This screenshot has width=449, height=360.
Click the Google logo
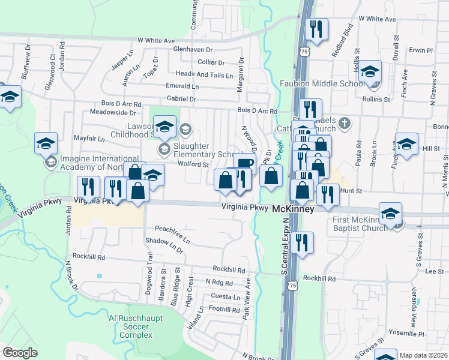pos(19,353)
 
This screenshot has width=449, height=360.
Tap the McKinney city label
pos(294,210)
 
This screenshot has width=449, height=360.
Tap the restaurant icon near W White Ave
pos(316,29)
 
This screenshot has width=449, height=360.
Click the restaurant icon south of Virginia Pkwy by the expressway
pos(301,243)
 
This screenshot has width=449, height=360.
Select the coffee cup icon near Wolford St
pos(246,163)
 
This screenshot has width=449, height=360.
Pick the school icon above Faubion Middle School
pos(370,71)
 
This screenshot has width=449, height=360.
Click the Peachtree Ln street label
pos(172,233)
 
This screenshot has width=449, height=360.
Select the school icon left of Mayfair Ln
pos(46,143)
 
